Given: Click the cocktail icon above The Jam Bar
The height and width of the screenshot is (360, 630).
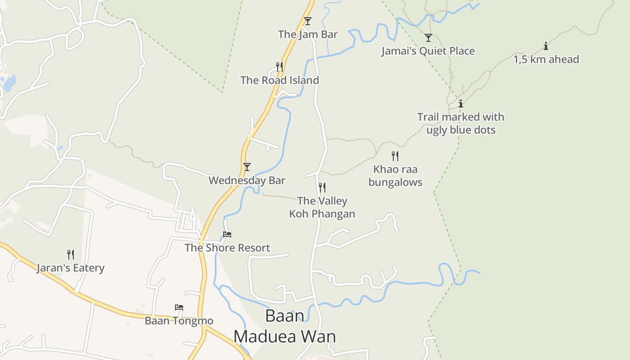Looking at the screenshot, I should pos(307,21).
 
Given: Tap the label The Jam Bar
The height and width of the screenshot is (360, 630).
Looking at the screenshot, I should pos(307,34).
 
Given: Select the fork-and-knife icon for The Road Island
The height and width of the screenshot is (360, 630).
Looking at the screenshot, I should pos(279,67).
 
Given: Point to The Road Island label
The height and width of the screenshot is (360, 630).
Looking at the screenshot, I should pos(279,80).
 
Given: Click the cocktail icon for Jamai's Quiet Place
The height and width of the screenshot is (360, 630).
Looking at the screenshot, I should pos(428,38).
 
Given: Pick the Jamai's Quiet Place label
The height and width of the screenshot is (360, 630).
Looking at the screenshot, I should pos(428,51).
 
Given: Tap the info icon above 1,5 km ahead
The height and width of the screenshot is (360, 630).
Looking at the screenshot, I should pos(546,46).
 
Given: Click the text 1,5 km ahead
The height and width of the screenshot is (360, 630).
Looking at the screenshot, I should pos(546,59).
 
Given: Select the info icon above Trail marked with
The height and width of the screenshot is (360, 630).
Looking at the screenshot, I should pos(460,104).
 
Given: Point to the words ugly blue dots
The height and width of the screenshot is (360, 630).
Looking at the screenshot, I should pos(460,130).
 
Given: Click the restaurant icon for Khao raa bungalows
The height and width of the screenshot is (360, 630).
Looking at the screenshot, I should pos(395,156).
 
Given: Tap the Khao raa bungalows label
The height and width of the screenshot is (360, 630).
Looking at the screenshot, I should pos(395,176).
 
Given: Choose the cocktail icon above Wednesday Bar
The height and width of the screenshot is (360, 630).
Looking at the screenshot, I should pos(247,167).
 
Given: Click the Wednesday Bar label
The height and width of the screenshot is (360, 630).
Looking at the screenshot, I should pos(247,180).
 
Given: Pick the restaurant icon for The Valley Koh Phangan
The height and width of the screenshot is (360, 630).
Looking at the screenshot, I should pos(322,188).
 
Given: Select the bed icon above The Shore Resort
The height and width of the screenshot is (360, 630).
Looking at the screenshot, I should pos(227,234).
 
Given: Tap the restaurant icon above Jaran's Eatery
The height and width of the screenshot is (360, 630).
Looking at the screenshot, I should pos(71,255).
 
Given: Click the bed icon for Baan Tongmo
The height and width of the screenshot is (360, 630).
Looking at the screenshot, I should pos(179,308).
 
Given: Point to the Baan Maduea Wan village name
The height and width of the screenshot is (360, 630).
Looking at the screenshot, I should pos(284,326).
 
